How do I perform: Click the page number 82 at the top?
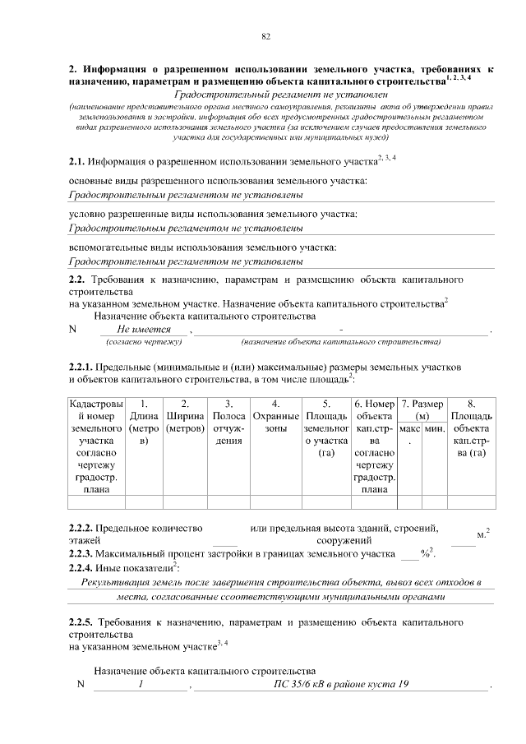pyautogui.click(x=265, y=36)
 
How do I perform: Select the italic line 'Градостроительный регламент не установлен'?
pyautogui.click(x=268, y=95)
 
